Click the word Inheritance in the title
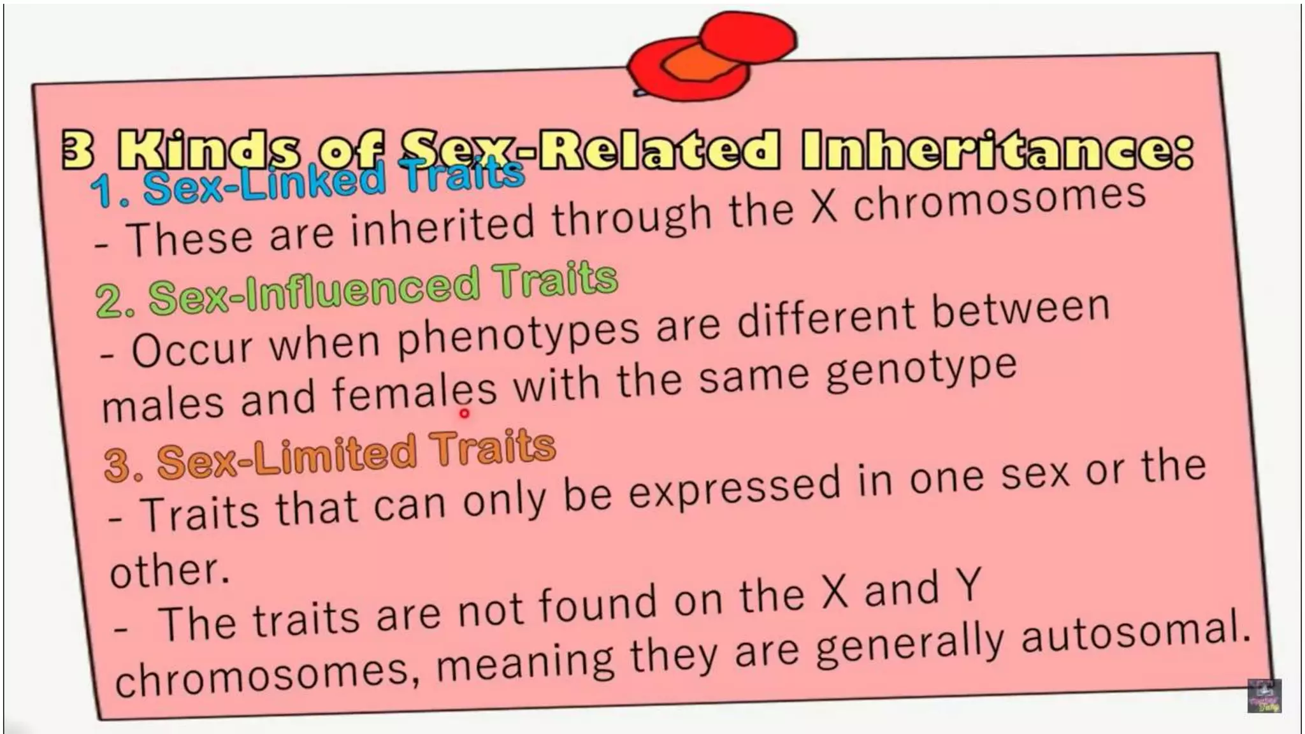[997, 151]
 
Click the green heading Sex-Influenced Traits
[357, 290]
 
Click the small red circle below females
[465, 414]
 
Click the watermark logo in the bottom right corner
[1264, 696]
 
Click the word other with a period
[169, 570]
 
